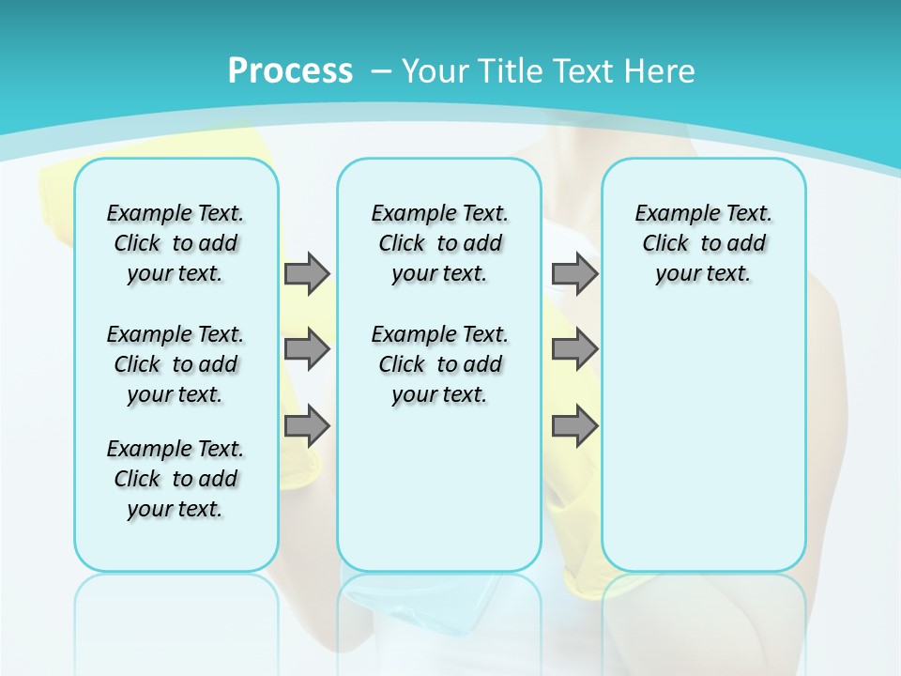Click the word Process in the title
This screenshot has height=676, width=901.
point(290,70)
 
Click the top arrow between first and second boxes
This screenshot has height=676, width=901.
point(307,273)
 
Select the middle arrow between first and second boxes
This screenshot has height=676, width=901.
point(307,349)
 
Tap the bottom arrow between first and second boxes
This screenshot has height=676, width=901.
point(307,427)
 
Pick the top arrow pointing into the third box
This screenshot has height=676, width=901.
point(574,273)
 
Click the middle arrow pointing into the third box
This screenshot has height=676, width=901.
point(574,349)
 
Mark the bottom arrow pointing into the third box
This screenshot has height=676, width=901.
point(574,427)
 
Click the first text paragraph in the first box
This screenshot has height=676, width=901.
point(176,243)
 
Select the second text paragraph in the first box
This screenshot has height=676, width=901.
point(176,364)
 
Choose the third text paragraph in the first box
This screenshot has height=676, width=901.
point(176,479)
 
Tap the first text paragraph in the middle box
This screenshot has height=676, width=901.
point(439,243)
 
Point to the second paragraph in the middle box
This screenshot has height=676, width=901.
point(439,364)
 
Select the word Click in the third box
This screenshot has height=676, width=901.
point(665,243)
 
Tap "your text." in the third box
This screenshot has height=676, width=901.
point(703,274)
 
